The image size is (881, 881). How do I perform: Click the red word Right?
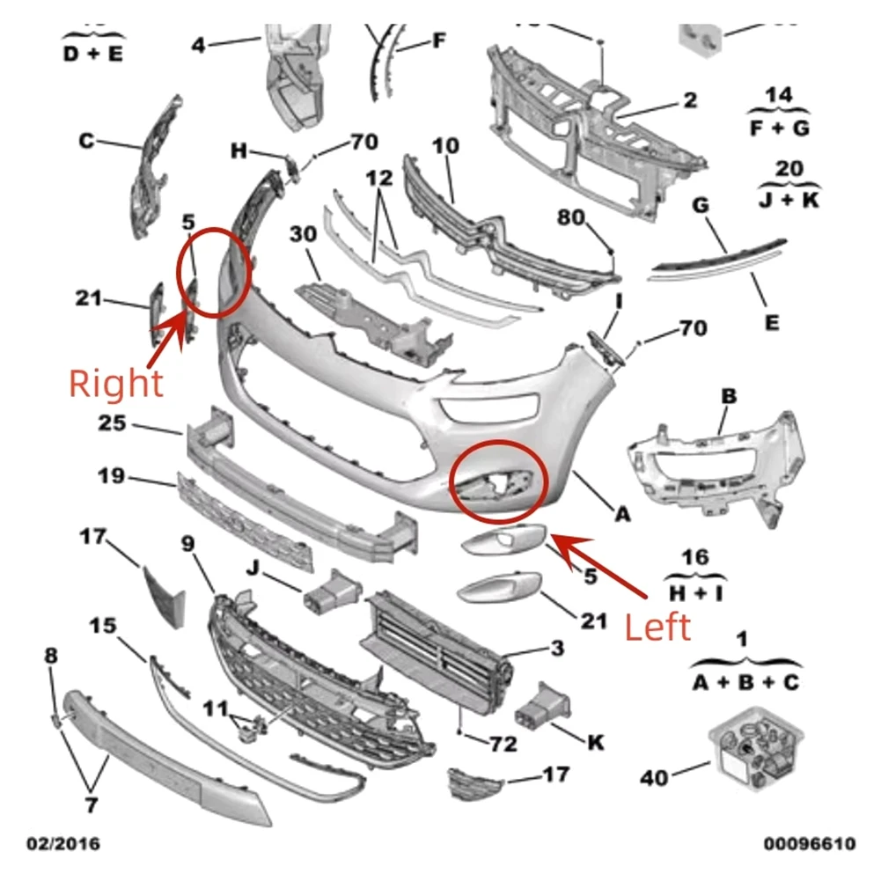pos(116,383)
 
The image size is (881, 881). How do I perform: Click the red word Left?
pos(657,627)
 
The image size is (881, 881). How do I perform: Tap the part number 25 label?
pos(112,424)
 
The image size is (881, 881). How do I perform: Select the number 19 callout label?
pos(111,478)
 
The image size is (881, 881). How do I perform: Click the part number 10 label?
pos(445,145)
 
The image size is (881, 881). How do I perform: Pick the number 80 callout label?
pos(571,217)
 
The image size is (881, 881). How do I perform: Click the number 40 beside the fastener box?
pos(654,777)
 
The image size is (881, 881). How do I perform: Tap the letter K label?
pos(596,743)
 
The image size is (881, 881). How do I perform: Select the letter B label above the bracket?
pos(728,396)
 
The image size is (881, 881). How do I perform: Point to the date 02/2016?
pos(62,844)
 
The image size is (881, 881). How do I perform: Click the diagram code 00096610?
pos(809,844)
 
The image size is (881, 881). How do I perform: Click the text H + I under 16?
pos(694,594)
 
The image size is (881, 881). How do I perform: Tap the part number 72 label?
pos(503,744)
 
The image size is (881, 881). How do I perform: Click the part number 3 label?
pos(557,650)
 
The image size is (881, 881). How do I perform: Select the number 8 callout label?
pos(51,655)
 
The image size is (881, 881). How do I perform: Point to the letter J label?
pos(253,569)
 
